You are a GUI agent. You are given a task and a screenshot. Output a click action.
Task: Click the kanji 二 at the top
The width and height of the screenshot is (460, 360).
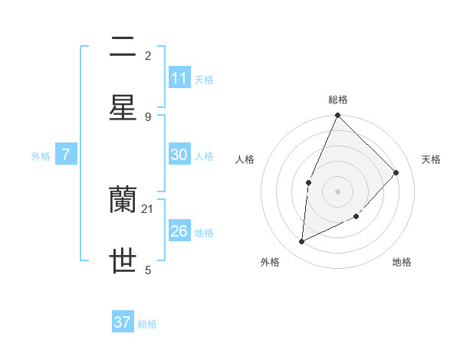pyautogui.click(x=123, y=47)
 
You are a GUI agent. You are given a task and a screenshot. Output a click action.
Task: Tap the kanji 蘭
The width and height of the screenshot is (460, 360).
pyautogui.click(x=123, y=201)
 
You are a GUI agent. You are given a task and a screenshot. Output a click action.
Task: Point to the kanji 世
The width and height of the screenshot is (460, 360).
pyautogui.click(x=123, y=261)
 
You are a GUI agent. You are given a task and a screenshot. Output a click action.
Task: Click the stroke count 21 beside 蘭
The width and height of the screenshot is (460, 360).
pyautogui.click(x=148, y=208)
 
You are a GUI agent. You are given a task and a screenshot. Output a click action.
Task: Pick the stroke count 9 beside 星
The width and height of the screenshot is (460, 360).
pyautogui.click(x=148, y=116)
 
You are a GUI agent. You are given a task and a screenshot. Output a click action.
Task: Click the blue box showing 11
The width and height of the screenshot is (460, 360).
pyautogui.click(x=179, y=78)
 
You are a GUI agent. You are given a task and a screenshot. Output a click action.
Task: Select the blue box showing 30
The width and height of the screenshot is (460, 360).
pyautogui.click(x=179, y=155)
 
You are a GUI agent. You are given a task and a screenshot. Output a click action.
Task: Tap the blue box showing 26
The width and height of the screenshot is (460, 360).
pyautogui.click(x=179, y=231)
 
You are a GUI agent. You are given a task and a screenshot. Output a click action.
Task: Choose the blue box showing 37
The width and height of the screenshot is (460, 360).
pyautogui.click(x=123, y=322)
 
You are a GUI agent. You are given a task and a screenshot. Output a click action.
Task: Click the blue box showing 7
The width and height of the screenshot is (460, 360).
pyautogui.click(x=66, y=155)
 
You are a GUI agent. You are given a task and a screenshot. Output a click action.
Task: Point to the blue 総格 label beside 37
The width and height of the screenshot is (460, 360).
pyautogui.click(x=147, y=324)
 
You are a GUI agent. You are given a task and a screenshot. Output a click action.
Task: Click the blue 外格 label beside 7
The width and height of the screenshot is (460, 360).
pyautogui.click(x=41, y=156)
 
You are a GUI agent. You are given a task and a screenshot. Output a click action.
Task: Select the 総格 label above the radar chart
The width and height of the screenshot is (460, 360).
pyautogui.click(x=338, y=100)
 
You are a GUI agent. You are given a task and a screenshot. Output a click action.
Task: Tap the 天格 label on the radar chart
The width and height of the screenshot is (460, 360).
pyautogui.click(x=431, y=159)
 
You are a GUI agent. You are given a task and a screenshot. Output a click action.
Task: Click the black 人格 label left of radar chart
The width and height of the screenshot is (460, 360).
pyautogui.click(x=245, y=159)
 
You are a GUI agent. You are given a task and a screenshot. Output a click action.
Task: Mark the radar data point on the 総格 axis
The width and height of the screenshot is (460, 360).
pyautogui.click(x=337, y=115)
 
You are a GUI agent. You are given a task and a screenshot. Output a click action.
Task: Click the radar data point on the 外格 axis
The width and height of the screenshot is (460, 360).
pyautogui.click(x=302, y=242)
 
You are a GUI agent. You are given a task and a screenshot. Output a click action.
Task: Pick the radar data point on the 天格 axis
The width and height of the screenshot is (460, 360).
pyautogui.click(x=396, y=172)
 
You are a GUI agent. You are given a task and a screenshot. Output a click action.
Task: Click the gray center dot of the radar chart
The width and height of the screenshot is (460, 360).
pyautogui.click(x=337, y=191)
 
